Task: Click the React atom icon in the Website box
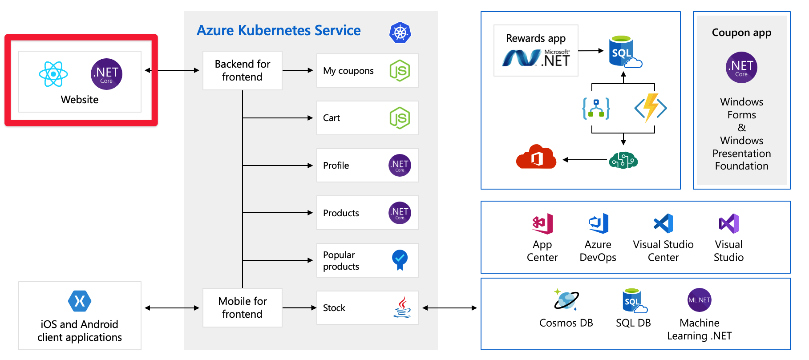53,74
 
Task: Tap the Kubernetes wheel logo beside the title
400,32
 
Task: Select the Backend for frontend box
243,70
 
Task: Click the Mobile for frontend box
243,307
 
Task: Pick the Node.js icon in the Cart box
400,118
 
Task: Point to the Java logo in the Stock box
402,307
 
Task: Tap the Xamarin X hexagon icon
80,301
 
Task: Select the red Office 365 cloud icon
536,157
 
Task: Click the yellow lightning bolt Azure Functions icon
651,108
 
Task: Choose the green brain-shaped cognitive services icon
623,160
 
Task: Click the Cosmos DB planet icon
566,300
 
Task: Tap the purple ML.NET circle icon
699,300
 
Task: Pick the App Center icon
542,224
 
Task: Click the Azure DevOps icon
598,224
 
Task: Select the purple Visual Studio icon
729,224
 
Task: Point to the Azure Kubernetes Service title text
279,30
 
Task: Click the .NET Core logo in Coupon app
741,67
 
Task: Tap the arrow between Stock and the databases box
449,307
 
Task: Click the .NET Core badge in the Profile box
400,166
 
